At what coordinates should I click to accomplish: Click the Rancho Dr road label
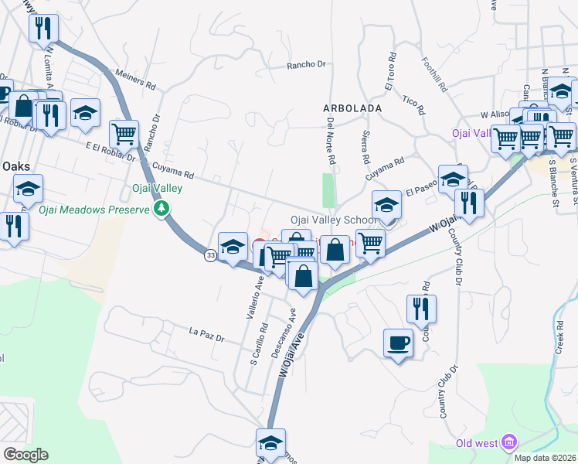pyautogui.click(x=307, y=66)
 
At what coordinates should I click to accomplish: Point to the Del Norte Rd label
pyautogui.click(x=331, y=144)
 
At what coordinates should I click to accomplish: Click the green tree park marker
pyautogui.click(x=161, y=209)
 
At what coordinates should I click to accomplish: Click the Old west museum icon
pyautogui.click(x=508, y=442)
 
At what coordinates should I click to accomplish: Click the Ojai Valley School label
pyautogui.click(x=334, y=220)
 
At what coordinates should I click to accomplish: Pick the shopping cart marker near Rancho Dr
pyautogui.click(x=124, y=134)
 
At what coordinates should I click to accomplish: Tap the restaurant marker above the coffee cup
pyautogui.click(x=422, y=308)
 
